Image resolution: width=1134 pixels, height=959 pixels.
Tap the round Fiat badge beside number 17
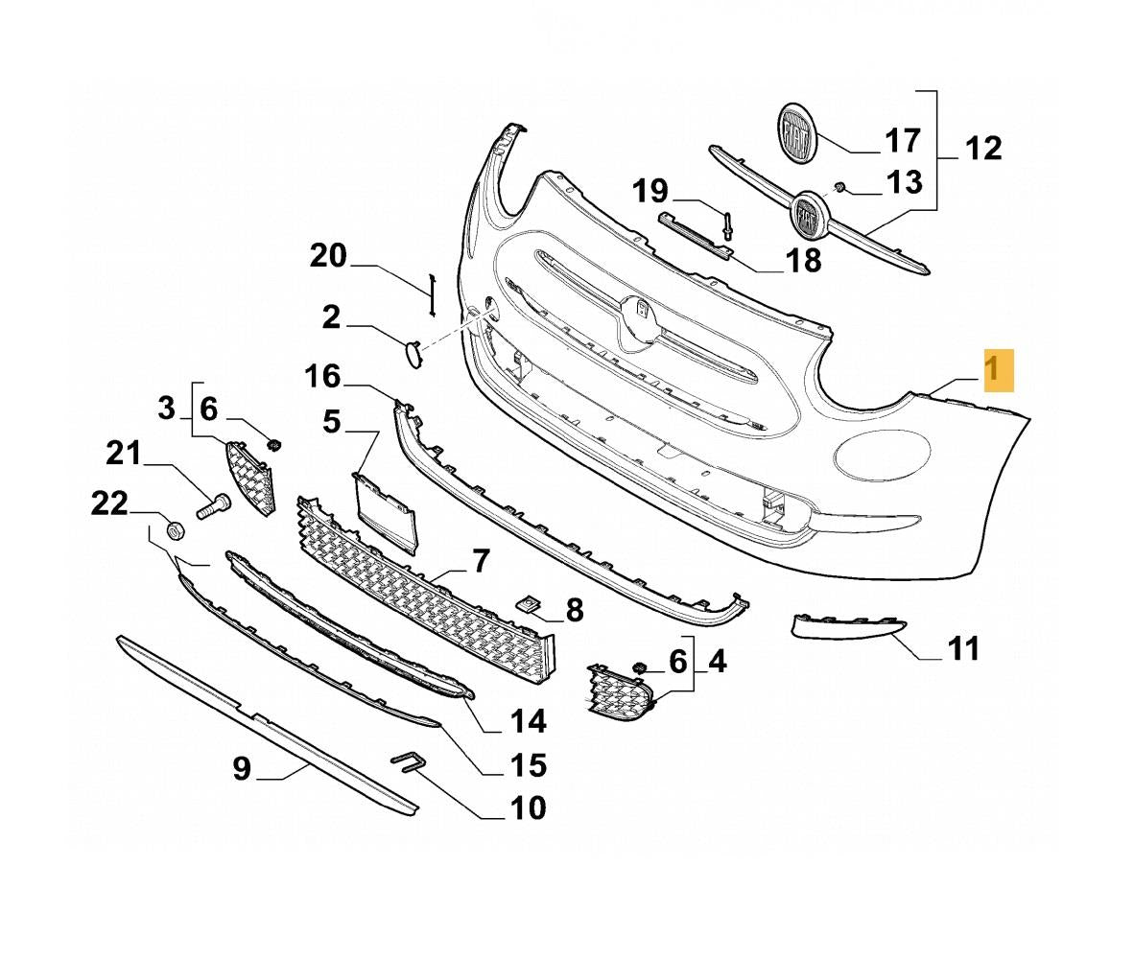pos(795,133)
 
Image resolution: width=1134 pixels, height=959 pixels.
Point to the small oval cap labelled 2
pos(413,354)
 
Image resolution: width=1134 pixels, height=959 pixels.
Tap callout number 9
pos(242,768)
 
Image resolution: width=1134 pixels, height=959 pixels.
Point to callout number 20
pos(327,256)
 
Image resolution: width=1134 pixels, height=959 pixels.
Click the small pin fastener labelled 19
pos(727,226)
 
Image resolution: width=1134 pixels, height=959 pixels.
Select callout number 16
pos(323,377)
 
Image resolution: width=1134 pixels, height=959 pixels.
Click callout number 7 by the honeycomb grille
pos(480,561)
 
